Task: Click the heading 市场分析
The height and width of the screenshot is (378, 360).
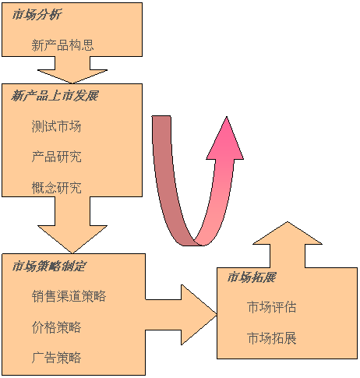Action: [37, 14]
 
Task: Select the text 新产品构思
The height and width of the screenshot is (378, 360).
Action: [62, 45]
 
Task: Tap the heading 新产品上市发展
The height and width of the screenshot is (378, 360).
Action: [55, 95]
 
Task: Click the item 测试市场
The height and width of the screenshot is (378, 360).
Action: [56, 126]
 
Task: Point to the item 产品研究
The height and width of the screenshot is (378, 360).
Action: [56, 157]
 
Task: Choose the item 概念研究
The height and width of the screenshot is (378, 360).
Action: [56, 188]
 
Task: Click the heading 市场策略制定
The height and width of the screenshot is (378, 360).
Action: [48, 266]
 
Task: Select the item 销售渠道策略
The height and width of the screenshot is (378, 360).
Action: [69, 296]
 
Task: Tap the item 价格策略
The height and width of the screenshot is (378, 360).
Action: [56, 327]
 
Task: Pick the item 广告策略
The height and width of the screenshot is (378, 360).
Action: [56, 357]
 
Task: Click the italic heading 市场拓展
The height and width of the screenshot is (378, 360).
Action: [252, 277]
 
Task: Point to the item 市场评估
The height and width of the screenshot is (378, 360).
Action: [272, 307]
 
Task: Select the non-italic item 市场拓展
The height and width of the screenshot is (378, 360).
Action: [272, 337]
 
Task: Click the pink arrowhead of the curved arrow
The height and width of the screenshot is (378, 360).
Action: [225, 139]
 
